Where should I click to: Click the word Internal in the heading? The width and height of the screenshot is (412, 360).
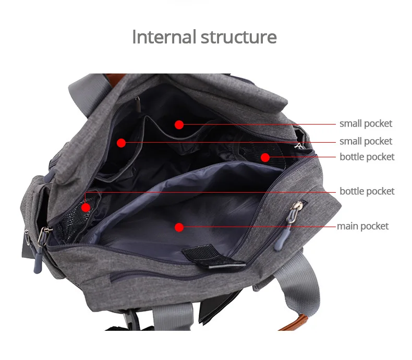tap(164, 37)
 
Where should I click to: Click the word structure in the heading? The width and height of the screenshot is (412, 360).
tap(239, 37)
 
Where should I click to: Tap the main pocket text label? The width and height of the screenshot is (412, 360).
tap(362, 226)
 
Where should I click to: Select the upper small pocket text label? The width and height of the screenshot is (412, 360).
tap(366, 123)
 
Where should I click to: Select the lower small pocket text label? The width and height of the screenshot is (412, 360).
tap(366, 141)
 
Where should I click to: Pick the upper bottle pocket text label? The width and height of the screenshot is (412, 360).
tap(367, 157)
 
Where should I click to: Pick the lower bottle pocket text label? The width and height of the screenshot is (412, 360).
tap(367, 191)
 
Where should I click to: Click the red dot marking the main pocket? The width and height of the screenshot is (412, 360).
tap(179, 227)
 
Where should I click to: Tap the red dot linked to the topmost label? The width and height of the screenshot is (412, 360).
tap(179, 125)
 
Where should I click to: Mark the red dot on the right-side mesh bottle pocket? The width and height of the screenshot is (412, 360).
tap(265, 157)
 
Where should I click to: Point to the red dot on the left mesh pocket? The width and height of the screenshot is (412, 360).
tap(86, 207)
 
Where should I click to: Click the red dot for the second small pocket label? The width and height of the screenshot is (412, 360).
tap(121, 143)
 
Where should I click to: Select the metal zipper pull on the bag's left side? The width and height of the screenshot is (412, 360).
tap(43, 236)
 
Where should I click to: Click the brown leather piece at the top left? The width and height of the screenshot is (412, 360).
tap(115, 79)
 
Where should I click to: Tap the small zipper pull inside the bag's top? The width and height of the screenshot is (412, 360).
tap(138, 104)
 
